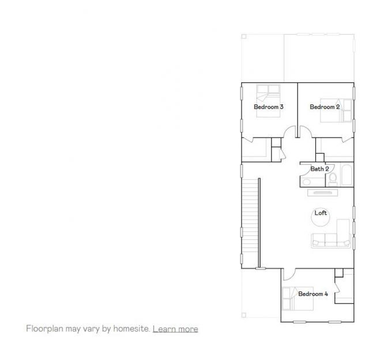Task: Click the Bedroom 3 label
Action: [x=268, y=107]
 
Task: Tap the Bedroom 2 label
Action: [x=324, y=107]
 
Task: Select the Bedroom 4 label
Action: [x=313, y=294]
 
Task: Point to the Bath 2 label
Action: [x=319, y=169]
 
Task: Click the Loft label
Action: [x=321, y=213]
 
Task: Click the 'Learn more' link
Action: [x=175, y=329]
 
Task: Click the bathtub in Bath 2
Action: [x=346, y=175]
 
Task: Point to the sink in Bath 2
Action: [x=304, y=181]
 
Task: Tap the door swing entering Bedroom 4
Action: [x=288, y=276]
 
